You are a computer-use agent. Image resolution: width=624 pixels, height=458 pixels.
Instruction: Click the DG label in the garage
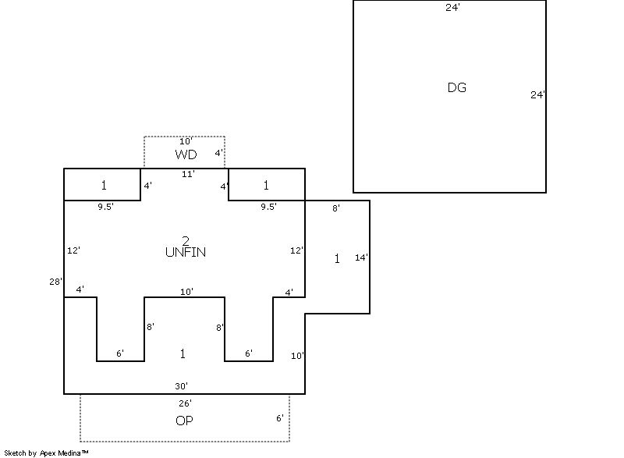tap(457, 87)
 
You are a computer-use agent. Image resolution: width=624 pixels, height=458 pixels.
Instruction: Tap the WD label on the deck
tap(186, 155)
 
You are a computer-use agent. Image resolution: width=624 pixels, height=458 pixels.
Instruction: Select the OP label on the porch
tap(184, 421)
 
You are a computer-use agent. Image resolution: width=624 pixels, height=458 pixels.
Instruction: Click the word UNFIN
tap(186, 252)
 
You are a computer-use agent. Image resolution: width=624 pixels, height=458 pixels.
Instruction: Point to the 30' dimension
tap(182, 386)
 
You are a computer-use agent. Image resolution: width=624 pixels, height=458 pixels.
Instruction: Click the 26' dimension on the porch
tap(185, 403)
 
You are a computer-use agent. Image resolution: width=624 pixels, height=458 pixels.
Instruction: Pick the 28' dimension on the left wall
tap(55, 282)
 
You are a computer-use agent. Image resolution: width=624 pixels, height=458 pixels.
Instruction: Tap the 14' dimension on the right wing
tap(361, 257)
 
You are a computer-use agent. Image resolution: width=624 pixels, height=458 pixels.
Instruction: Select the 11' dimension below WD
tap(188, 174)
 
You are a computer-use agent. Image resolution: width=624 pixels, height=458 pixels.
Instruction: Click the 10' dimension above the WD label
tap(186, 141)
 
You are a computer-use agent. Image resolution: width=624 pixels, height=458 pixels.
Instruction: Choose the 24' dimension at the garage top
tap(452, 8)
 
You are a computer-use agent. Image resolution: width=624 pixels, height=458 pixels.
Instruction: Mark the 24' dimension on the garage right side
tap(537, 95)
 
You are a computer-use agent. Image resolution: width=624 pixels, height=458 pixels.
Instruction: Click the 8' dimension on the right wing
tap(335, 208)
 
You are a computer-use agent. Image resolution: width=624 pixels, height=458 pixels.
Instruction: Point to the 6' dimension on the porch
tap(279, 418)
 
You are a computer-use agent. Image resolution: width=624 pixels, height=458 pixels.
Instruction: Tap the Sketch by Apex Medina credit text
tap(46, 453)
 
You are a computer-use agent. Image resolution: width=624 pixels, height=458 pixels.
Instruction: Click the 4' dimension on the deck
tap(218, 154)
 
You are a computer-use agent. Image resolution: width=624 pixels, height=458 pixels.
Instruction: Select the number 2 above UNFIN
tap(185, 240)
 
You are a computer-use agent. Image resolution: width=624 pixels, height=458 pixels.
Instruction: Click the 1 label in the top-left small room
tap(103, 186)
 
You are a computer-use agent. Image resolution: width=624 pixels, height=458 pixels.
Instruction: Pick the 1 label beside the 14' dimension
tap(337, 259)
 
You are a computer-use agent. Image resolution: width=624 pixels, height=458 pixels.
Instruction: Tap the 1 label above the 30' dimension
tap(183, 354)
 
